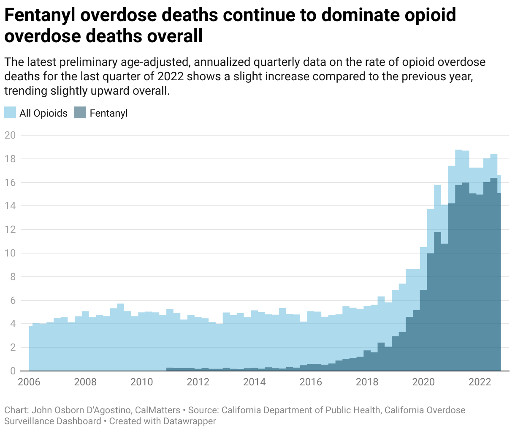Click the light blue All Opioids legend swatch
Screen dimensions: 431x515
10,113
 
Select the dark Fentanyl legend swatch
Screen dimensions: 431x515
80,113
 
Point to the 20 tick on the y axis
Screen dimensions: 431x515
10,135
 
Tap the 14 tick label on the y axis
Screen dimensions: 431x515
10,206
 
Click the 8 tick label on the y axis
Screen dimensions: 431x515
13,277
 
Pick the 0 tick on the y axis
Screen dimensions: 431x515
13,371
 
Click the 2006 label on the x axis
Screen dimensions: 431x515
29,382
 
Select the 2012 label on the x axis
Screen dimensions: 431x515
198,382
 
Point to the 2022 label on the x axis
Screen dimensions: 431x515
480,382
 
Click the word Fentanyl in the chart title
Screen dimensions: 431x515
39,16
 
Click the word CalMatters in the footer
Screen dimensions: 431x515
157,410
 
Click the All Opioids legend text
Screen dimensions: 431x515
43,113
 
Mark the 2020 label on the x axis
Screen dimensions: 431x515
423,382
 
